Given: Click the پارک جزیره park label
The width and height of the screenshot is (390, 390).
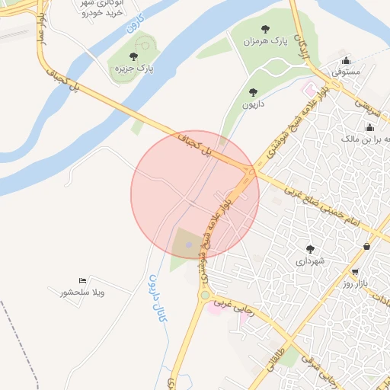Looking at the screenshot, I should click(134, 69).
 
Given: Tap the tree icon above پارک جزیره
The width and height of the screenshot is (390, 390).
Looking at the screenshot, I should click(134, 56).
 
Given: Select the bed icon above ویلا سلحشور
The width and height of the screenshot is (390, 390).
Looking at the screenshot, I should click(82, 281).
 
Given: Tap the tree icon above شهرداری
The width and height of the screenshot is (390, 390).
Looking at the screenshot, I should click(310, 248).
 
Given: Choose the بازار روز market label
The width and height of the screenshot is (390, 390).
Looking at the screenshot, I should click(355, 283).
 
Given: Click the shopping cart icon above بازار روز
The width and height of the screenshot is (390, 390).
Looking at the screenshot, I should click(355, 271).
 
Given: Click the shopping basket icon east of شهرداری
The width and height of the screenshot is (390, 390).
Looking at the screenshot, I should click(368, 246).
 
